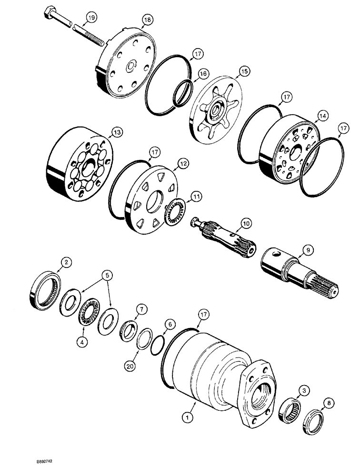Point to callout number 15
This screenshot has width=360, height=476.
(x=244, y=71)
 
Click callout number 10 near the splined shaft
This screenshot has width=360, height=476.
(x=245, y=223)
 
